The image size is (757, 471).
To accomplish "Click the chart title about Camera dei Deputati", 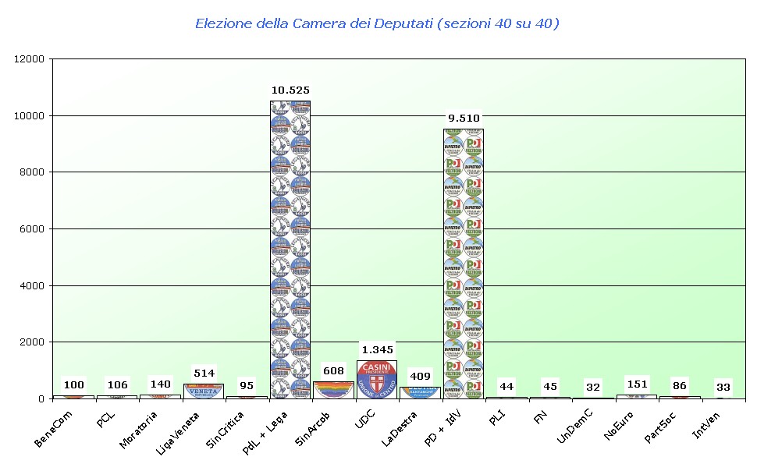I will click(377, 23).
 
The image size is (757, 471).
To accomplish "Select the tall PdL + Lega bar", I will click(290, 250).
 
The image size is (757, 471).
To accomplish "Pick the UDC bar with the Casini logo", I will click(377, 379).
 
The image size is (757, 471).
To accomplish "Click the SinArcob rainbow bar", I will click(333, 389).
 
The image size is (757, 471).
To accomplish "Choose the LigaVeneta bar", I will click(204, 391).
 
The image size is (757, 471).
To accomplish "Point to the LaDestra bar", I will click(420, 392).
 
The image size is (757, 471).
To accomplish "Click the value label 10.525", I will click(290, 90).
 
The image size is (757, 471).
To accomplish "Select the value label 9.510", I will click(464, 119).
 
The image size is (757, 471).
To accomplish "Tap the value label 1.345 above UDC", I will click(377, 349).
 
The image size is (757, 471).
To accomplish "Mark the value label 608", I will click(333, 370).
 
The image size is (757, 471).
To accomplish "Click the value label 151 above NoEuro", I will click(637, 384).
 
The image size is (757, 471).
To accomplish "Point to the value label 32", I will click(593, 387).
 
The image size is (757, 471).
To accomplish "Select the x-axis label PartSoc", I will click(662, 428).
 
